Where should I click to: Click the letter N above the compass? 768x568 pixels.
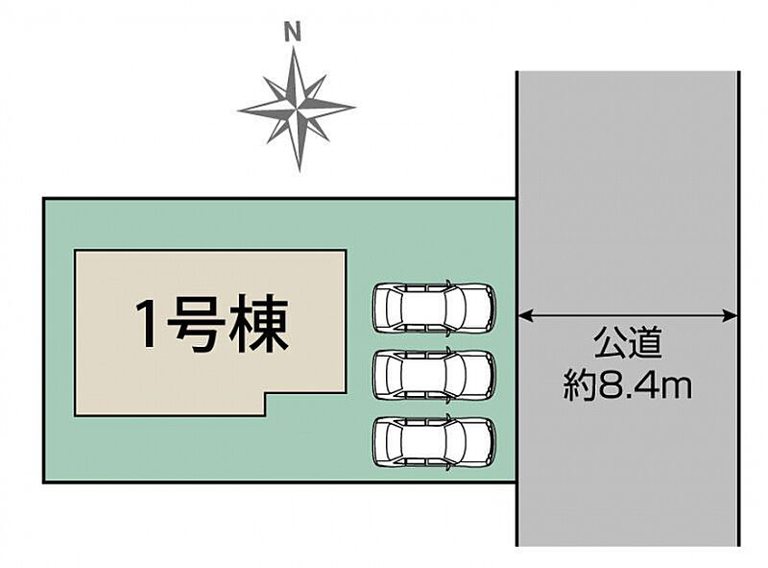[x=293, y=32]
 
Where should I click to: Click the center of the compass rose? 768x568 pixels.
[x=297, y=109]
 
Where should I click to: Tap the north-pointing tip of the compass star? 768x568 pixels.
[x=297, y=50]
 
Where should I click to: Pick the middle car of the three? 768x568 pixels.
[x=434, y=374]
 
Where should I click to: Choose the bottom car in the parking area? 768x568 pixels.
[x=434, y=440]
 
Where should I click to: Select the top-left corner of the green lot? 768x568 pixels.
[x=44, y=199]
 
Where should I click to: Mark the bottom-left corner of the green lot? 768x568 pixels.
[x=44, y=481]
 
